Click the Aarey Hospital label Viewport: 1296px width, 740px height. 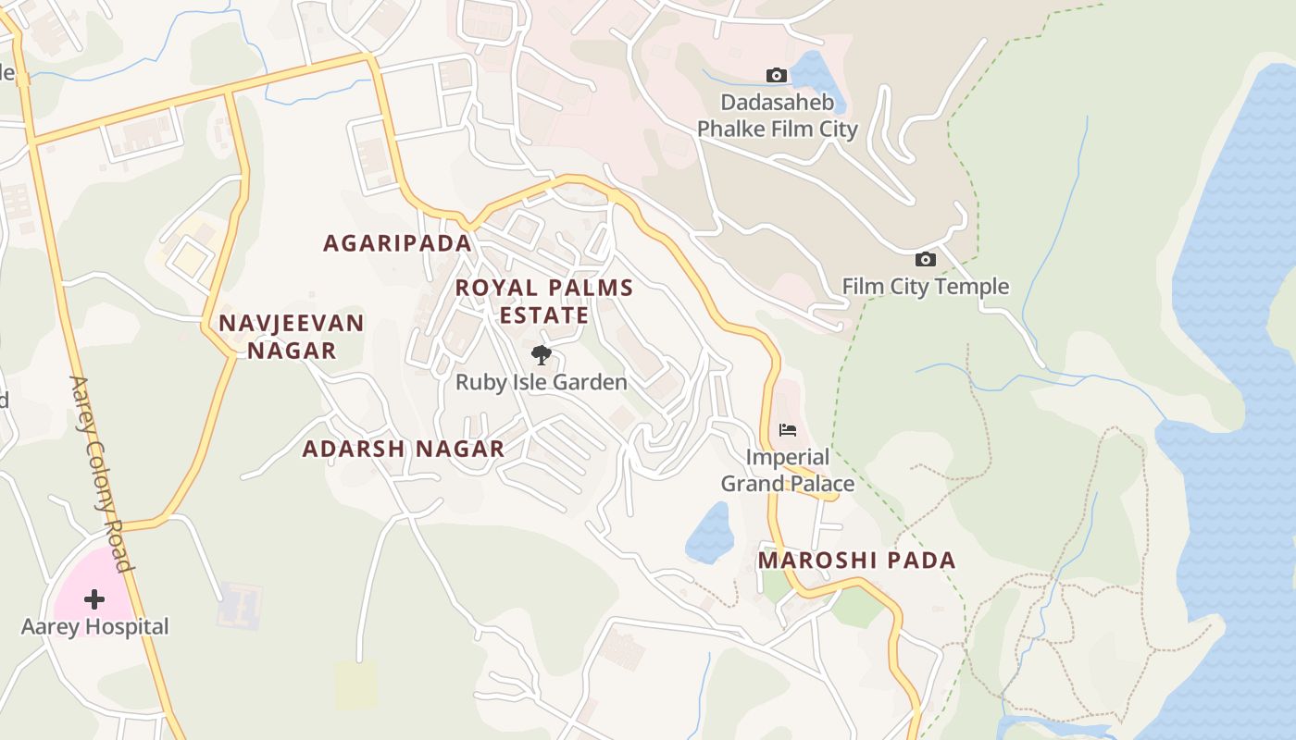tap(94, 626)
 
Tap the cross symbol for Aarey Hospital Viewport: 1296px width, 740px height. tap(93, 599)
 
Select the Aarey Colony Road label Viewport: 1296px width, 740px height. tap(103, 473)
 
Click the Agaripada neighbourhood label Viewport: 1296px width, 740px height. tap(397, 243)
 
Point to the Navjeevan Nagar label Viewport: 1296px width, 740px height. tap(291, 337)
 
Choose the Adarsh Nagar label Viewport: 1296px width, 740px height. tap(404, 450)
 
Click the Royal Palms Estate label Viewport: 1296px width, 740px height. tap(544, 302)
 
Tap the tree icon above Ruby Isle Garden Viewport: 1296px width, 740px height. tap(541, 355)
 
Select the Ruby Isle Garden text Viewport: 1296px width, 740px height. tap(541, 382)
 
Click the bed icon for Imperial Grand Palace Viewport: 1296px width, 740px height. tap(788, 430)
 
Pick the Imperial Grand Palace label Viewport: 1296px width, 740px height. tap(788, 470)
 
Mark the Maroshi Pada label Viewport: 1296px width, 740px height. tap(856, 561)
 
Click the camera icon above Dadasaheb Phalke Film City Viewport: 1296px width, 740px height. tap(777, 75)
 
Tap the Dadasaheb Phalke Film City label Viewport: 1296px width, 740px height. tap(778, 116)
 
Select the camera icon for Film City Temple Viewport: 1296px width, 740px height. tap(925, 260)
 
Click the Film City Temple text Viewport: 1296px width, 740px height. tap(925, 287)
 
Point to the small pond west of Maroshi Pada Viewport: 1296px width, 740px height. tap(710, 533)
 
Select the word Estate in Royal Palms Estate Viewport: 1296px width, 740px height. tap(544, 315)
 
